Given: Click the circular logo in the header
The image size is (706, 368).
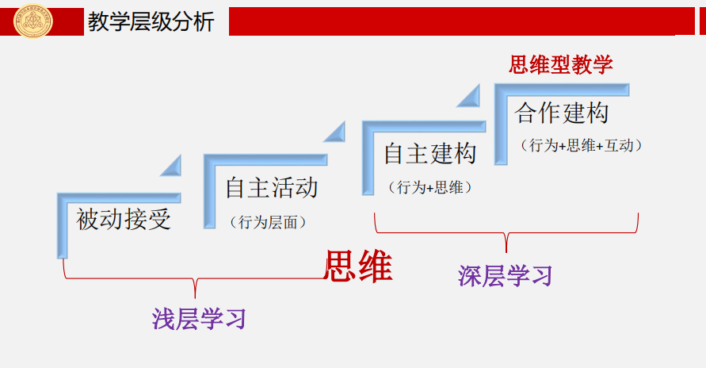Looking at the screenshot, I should [x=33, y=20].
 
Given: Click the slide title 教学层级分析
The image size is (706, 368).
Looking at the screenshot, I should [x=151, y=21].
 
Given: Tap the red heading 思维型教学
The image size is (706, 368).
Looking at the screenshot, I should [x=561, y=64].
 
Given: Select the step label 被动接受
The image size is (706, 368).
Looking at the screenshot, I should [x=124, y=218].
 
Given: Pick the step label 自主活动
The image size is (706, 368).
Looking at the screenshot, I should [x=272, y=188].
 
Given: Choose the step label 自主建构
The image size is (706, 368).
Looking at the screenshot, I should [x=430, y=154].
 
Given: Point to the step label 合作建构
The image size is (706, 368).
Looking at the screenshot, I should [x=562, y=113].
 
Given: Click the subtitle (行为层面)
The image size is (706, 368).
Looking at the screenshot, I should [x=268, y=223].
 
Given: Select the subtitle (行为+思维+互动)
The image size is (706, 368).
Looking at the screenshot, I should [x=581, y=146].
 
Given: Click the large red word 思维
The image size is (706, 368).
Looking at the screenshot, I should [x=358, y=266].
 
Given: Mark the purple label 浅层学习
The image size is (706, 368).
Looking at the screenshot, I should [x=200, y=318].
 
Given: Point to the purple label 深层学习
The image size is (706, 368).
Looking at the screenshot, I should [x=505, y=275].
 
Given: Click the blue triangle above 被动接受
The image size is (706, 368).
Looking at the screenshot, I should [x=172, y=166].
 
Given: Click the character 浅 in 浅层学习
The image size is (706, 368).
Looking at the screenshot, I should [x=164, y=318].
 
